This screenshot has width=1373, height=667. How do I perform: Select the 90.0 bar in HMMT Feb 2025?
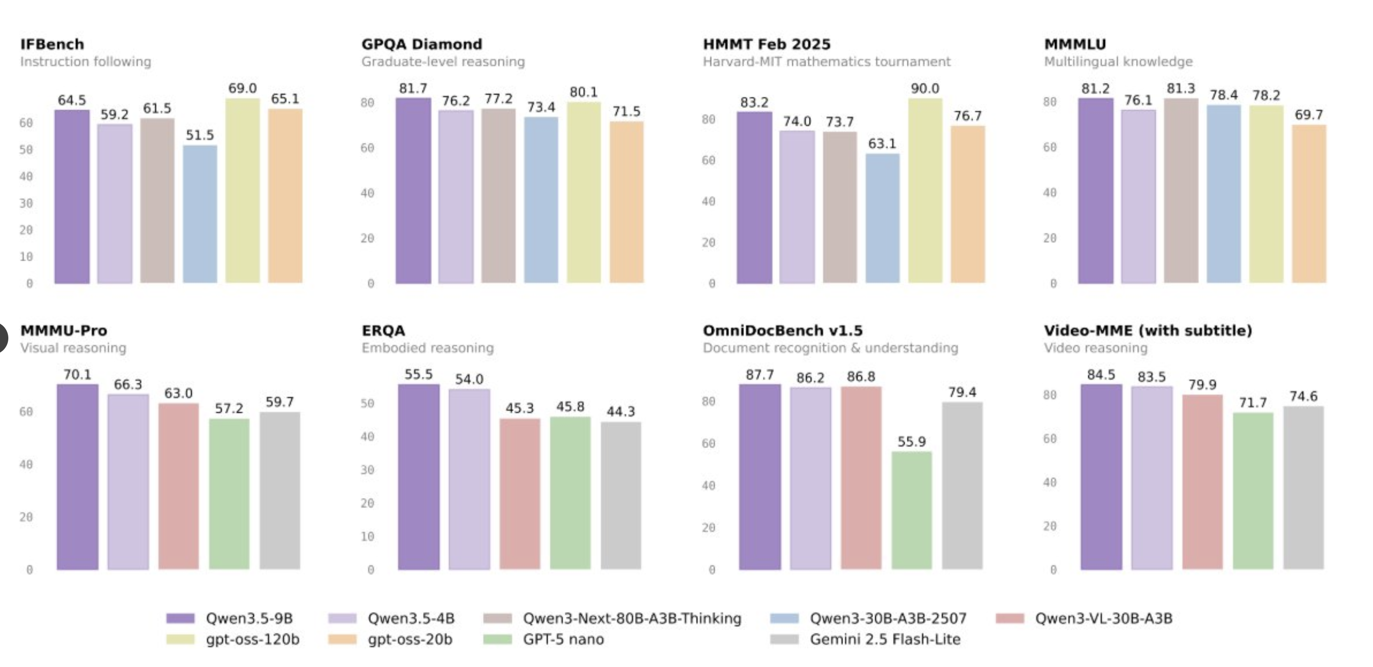click(x=925, y=190)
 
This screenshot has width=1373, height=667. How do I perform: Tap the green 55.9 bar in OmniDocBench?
click(x=911, y=510)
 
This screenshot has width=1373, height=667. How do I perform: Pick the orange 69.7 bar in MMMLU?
click(x=1309, y=204)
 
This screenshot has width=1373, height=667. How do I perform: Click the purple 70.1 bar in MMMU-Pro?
click(x=77, y=477)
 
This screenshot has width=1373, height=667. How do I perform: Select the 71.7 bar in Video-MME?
click(x=1253, y=491)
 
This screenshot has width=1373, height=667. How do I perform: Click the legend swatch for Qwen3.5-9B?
click(x=180, y=618)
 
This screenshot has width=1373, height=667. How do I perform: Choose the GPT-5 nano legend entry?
click(x=563, y=639)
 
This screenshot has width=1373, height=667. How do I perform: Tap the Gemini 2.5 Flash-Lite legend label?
click(x=885, y=639)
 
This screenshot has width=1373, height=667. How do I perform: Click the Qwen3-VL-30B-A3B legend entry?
click(x=1103, y=618)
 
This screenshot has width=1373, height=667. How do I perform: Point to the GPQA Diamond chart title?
click(x=422, y=44)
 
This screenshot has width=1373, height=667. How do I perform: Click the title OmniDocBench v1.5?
click(x=782, y=331)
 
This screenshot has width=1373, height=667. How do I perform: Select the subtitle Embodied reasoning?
click(x=427, y=348)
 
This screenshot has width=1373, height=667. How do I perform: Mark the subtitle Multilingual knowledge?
click(x=1117, y=62)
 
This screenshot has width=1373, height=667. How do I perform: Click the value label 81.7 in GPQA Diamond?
click(x=412, y=88)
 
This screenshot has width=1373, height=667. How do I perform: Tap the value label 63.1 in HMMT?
click(x=882, y=144)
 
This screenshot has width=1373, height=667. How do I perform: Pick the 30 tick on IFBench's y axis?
click(x=26, y=203)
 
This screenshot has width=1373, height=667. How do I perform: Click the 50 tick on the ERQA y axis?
click(x=367, y=403)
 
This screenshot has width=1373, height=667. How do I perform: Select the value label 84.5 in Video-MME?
click(x=1101, y=375)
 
